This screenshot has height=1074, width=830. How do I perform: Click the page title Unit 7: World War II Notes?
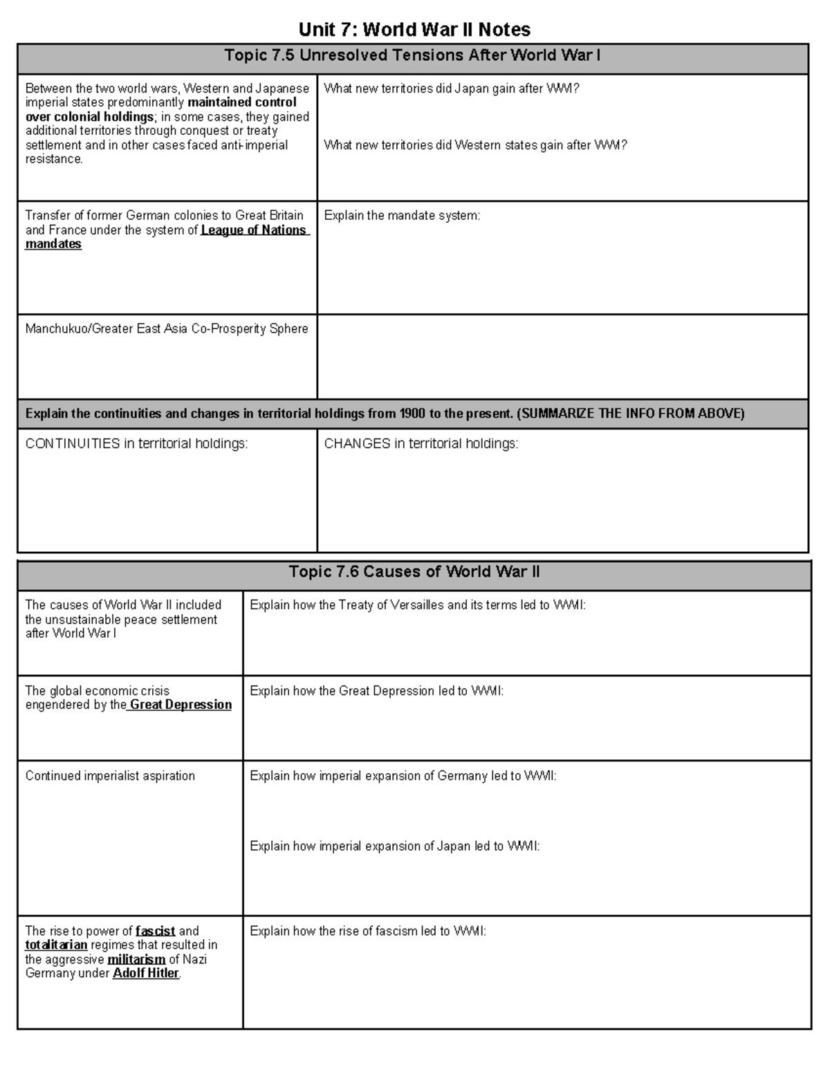coord(414,29)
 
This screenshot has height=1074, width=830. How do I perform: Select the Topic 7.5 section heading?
coord(412,56)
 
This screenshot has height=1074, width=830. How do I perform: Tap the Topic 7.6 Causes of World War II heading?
coord(414,572)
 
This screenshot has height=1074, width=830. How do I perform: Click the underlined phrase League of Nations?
coord(254,230)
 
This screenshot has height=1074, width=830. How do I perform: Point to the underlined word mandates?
coord(53,244)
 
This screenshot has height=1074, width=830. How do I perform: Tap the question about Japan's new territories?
coord(451,89)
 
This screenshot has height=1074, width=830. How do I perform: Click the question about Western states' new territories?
coord(475,145)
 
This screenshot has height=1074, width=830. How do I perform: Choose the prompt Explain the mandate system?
coord(402,216)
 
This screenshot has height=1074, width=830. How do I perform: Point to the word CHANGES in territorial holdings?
coord(357,444)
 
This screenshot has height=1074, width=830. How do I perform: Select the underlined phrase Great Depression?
coord(181,705)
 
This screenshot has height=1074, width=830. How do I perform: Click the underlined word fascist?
coord(156,931)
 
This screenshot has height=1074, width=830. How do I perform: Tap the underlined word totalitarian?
coord(56,945)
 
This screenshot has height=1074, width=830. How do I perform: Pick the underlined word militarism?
coord(136,959)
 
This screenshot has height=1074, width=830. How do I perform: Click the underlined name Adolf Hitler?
coord(146,973)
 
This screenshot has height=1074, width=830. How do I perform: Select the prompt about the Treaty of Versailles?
coord(417,605)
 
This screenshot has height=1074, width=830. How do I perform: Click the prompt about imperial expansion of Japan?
coord(394,846)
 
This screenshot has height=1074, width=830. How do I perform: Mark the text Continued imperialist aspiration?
coord(110,776)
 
